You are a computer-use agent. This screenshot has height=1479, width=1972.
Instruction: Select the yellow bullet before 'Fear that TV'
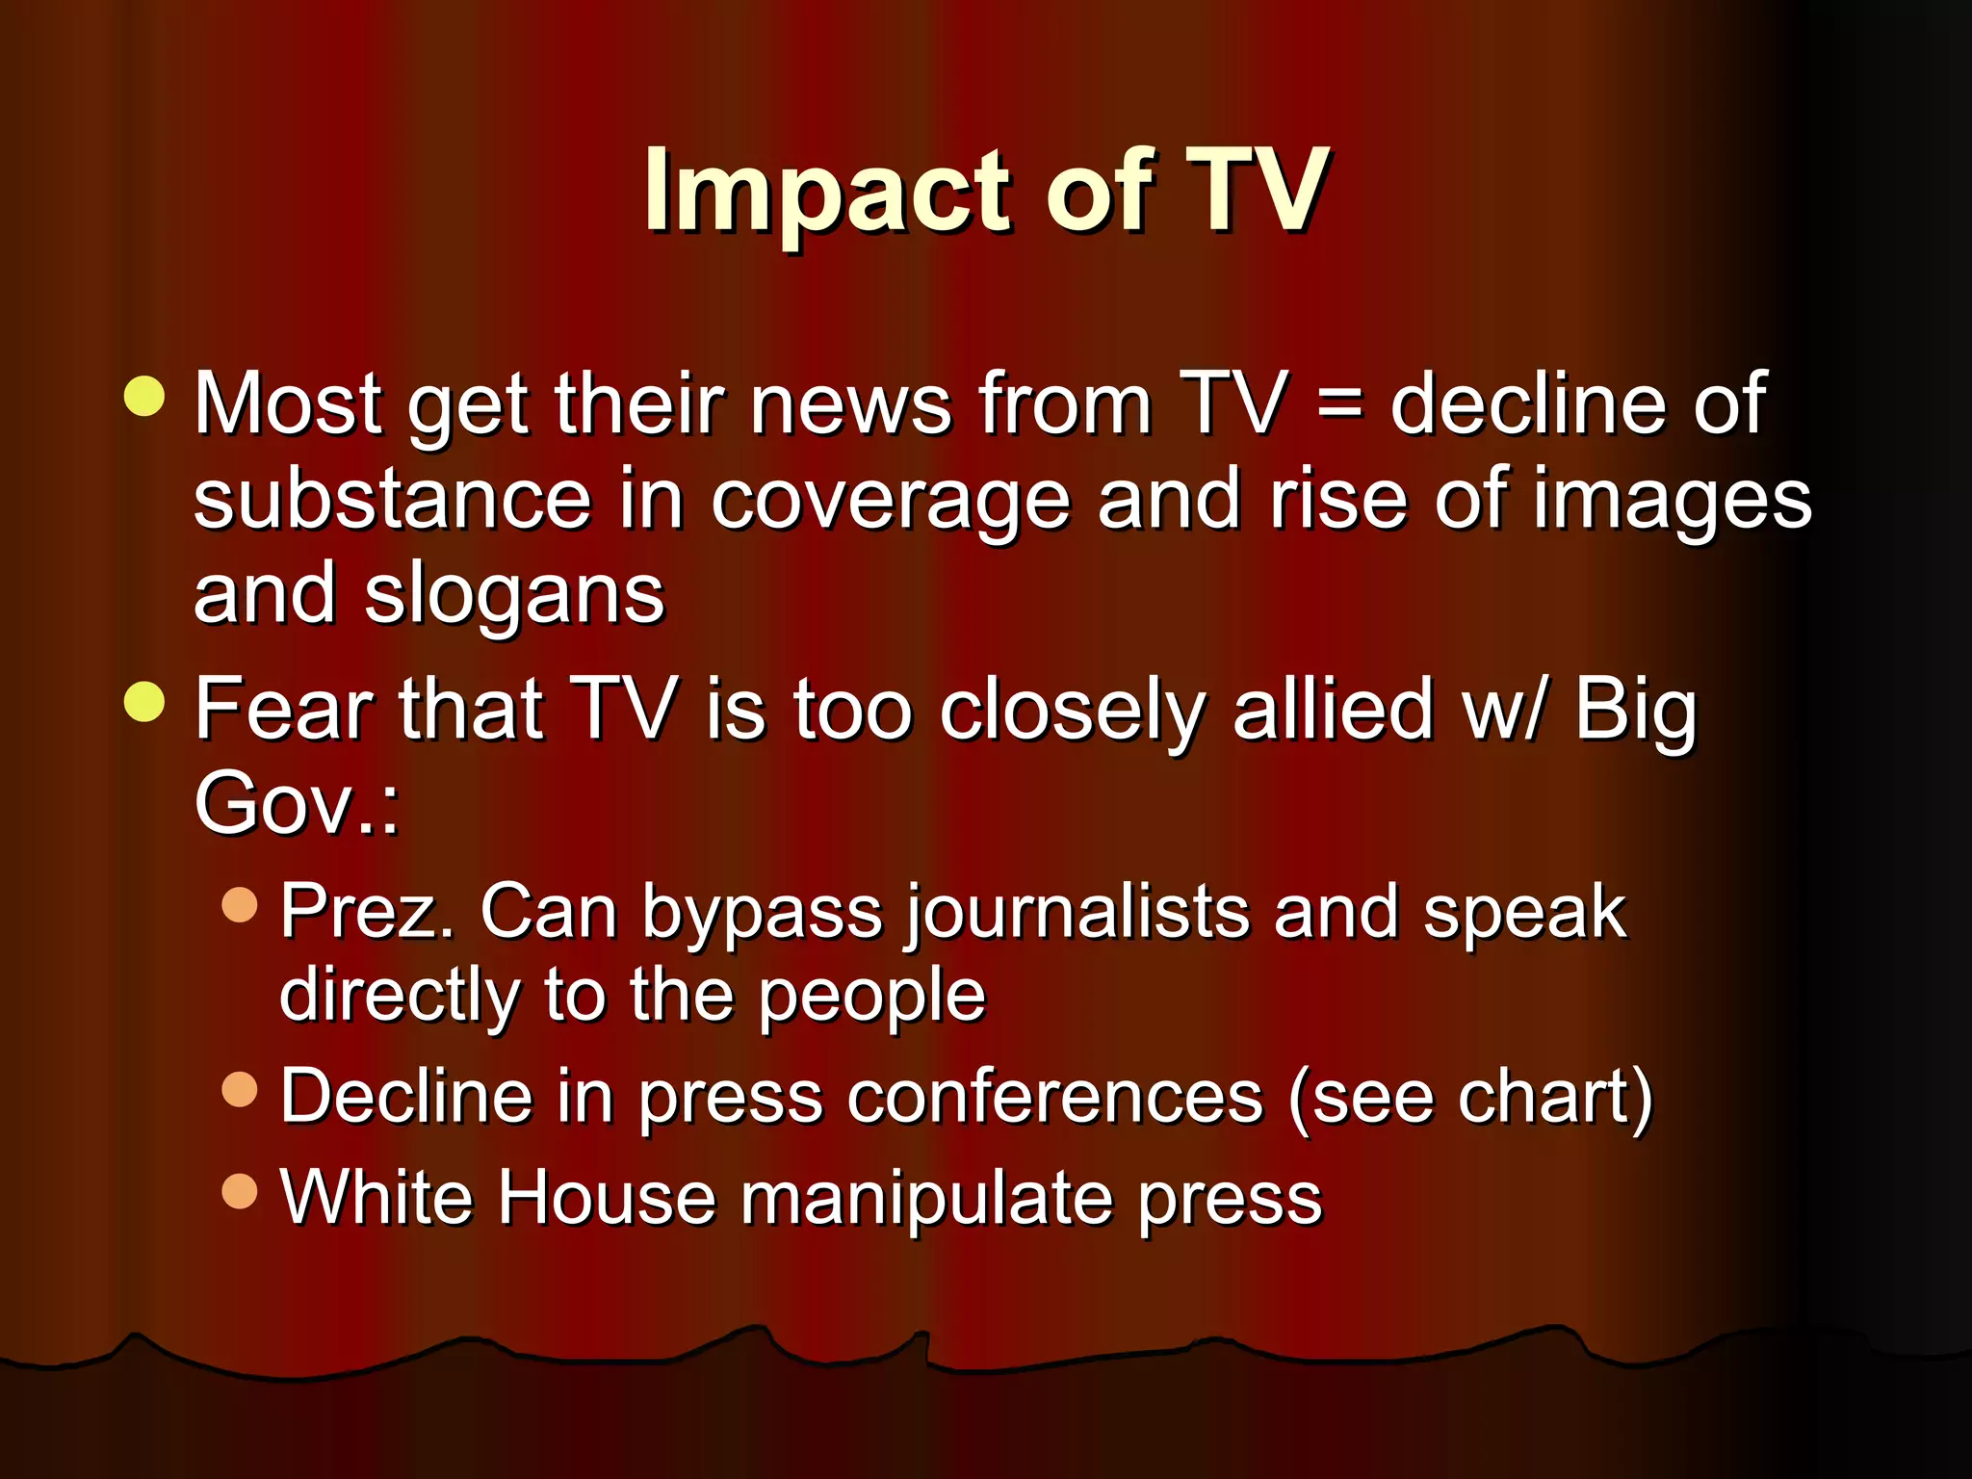coord(145,701)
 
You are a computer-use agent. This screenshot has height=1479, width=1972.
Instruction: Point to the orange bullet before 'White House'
coord(240,1191)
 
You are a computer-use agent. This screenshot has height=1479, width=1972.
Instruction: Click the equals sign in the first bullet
coord(1339,404)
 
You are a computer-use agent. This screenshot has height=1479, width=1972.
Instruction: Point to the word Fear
coord(284,709)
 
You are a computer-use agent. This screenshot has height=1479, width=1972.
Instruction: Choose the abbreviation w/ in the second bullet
coord(1506,711)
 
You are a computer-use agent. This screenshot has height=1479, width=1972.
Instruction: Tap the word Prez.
coord(367,912)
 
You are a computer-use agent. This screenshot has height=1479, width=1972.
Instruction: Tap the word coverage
coord(890,503)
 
